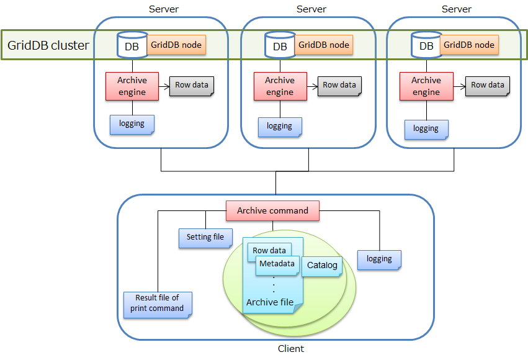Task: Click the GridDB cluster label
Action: (x=48, y=45)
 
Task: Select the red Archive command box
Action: (x=272, y=210)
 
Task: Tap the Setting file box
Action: (x=205, y=238)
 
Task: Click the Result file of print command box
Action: (x=158, y=304)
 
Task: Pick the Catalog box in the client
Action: (x=322, y=266)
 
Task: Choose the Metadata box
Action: (x=277, y=264)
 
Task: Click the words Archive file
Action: (x=270, y=302)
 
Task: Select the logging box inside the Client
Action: (x=379, y=259)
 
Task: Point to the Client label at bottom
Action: (x=290, y=349)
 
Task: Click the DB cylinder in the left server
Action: (x=132, y=45)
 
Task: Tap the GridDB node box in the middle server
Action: (x=323, y=45)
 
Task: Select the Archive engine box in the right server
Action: (x=426, y=86)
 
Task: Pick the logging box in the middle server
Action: (x=279, y=126)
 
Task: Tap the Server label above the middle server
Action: (x=311, y=9)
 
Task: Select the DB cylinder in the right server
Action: (x=427, y=45)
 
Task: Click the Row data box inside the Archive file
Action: (x=269, y=251)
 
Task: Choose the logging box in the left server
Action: (x=132, y=124)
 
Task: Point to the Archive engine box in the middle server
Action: (x=280, y=86)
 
